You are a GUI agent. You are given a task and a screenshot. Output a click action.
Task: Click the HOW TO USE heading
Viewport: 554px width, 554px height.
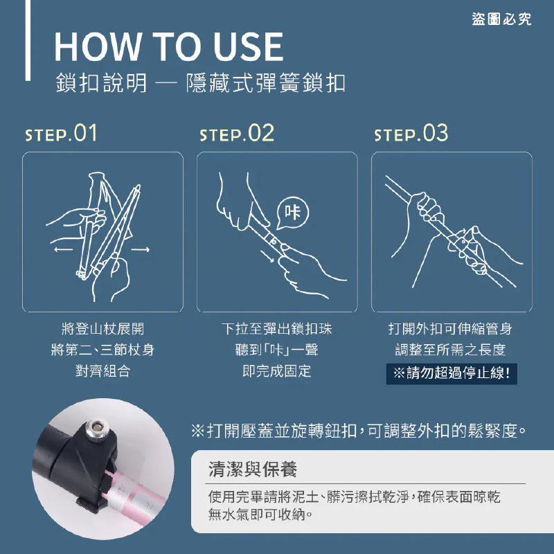[x=169, y=46]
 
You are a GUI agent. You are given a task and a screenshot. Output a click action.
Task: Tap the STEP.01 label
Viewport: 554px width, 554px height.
[x=61, y=133]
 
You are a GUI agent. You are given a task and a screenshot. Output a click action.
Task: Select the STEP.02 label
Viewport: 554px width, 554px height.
[x=237, y=133]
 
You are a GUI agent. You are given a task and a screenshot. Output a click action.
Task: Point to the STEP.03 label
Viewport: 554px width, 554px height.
[x=411, y=133]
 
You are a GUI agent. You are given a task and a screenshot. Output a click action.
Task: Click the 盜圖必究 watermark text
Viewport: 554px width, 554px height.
[x=501, y=19]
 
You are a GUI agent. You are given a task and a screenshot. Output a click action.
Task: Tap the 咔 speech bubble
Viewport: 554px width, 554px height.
[x=292, y=213]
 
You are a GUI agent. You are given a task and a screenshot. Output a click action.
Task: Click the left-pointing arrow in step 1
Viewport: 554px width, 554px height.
[x=63, y=250]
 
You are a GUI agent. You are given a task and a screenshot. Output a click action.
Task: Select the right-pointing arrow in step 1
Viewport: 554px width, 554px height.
[x=141, y=250]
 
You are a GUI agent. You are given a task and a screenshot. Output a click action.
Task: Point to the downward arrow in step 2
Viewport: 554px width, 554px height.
[x=267, y=256]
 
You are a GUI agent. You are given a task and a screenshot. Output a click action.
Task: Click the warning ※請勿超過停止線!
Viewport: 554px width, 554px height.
[x=452, y=373]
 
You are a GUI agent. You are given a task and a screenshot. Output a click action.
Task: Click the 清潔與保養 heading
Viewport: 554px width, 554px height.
[x=253, y=470]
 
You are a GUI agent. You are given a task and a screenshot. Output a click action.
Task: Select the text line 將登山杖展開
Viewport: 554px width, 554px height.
[x=102, y=329]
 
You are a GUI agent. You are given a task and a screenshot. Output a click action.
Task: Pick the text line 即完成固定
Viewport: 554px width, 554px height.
[x=277, y=371]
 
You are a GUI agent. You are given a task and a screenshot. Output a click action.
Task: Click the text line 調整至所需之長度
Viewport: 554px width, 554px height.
[x=451, y=350]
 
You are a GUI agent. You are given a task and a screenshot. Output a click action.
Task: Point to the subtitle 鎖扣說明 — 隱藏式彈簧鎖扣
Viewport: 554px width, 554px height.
[x=200, y=83]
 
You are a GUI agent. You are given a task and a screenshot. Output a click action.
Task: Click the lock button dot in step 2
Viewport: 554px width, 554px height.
[x=273, y=242]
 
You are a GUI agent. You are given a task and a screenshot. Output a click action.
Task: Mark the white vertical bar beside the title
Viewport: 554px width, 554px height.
[x=28, y=40]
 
